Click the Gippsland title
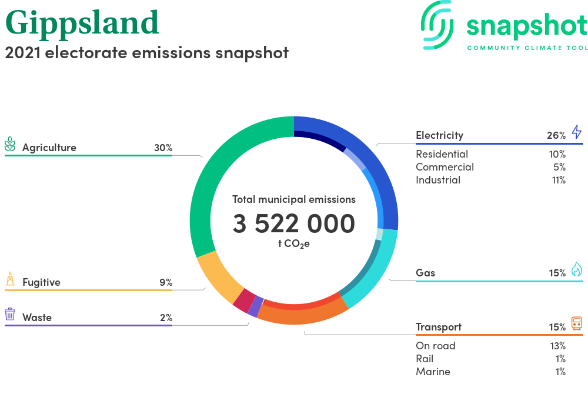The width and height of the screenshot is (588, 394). click(82, 24)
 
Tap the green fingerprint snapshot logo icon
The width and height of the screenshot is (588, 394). click(437, 25)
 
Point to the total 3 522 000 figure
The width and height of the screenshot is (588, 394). click(293, 223)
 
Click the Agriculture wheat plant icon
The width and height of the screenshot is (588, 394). click(10, 144)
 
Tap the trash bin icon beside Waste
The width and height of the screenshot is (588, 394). click(10, 314)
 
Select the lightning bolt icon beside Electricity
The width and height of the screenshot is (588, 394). click(577, 132)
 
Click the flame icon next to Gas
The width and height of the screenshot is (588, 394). click(577, 269)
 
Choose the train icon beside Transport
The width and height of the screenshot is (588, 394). click(577, 323)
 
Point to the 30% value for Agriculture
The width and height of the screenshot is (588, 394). click(163, 148)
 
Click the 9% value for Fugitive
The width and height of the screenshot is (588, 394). click(166, 282)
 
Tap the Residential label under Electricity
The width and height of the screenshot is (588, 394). click(442, 154)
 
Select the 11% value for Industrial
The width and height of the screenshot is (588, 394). click(559, 180)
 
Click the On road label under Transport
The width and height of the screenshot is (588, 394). click(435, 346)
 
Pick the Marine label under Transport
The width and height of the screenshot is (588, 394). click(433, 372)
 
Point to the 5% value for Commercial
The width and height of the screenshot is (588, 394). click(560, 167)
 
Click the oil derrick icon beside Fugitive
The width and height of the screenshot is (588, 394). click(10, 279)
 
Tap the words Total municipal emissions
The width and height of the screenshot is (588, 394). click(293, 199)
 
